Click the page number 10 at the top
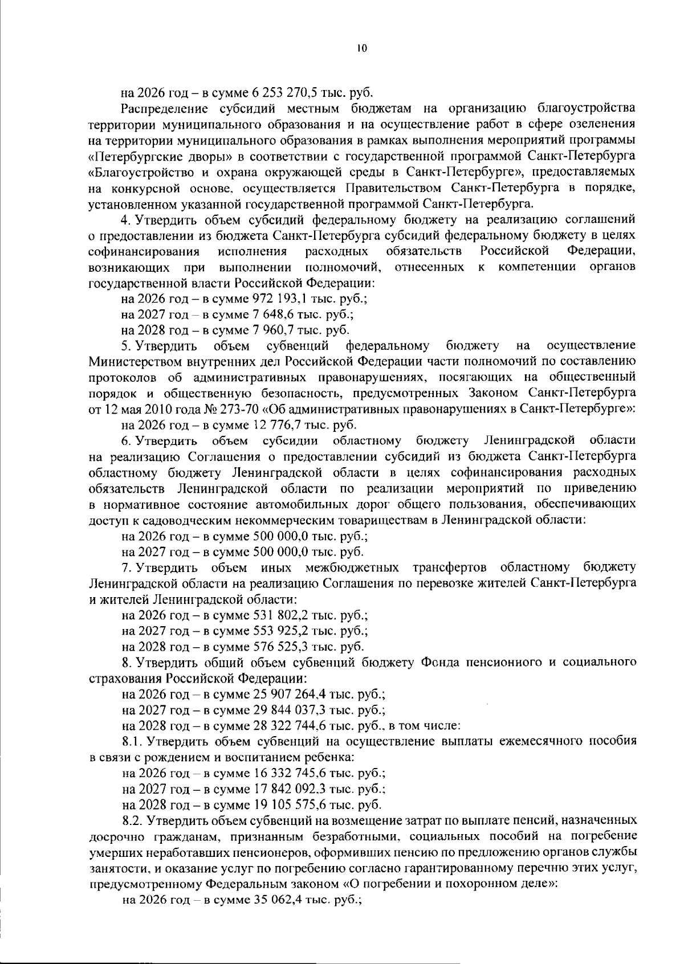361,49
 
